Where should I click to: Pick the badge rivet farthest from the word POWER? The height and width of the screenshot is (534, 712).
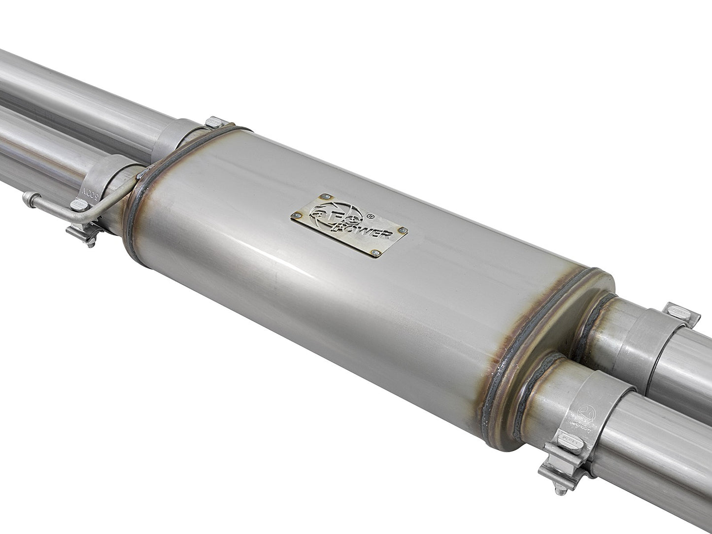click(x=297, y=216)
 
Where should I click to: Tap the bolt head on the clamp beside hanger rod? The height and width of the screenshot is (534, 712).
click(x=78, y=205)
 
